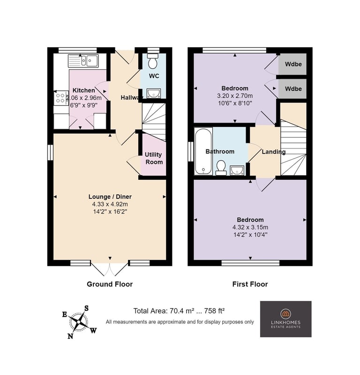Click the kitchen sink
point(83,61)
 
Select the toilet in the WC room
point(153,61)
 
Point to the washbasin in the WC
point(154,93)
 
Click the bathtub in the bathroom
point(203,151)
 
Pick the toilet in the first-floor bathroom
point(221,168)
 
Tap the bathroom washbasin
point(237,170)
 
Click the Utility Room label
point(154,158)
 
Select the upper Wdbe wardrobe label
point(293,64)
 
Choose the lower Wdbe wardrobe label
point(293,89)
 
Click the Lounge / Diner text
point(110,197)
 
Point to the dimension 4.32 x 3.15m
point(250,227)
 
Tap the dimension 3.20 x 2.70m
point(235,96)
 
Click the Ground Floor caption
point(110,284)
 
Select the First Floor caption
point(250,284)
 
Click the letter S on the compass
point(86,308)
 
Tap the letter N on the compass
point(70,336)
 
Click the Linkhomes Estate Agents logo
point(286,319)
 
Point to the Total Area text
point(179,311)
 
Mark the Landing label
point(274,152)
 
